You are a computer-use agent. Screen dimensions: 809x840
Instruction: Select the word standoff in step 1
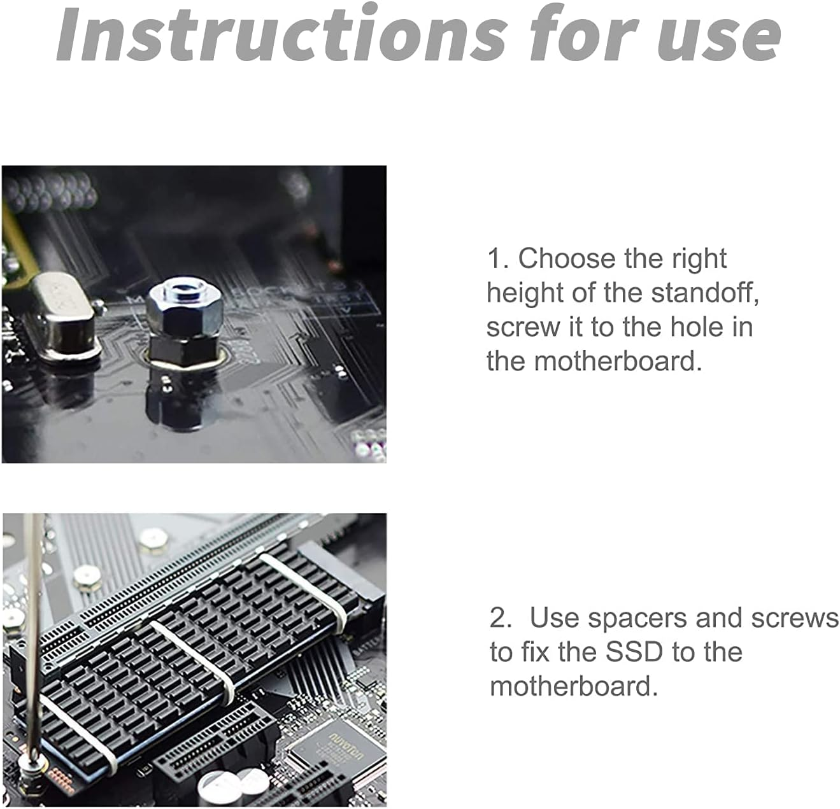coord(704,293)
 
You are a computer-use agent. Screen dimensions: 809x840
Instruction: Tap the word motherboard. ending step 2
coord(573,686)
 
